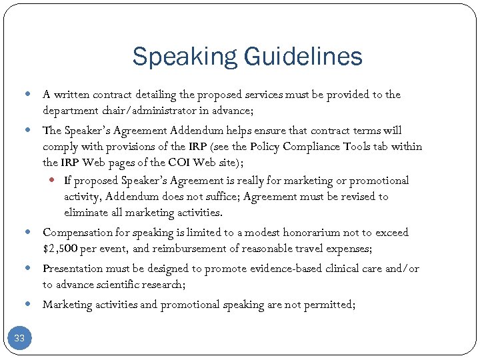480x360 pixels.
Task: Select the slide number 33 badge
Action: pyautogui.click(x=19, y=338)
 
